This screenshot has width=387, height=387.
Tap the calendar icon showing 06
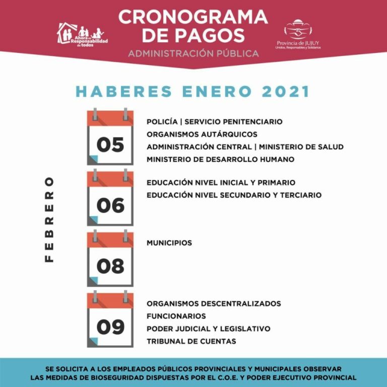pos(110,198)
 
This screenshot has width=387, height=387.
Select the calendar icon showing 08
pos(110,259)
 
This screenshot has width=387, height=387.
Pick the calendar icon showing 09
pos(110,320)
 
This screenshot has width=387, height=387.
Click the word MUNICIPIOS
pos(169,243)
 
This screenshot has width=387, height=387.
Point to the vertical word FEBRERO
pos(49,219)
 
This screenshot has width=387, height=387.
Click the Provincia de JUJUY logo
pos(298,35)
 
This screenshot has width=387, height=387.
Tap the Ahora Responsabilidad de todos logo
pos(82,35)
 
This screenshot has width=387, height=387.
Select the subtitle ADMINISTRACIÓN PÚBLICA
pos(193,53)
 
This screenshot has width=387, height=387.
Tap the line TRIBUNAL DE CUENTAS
pos(191,341)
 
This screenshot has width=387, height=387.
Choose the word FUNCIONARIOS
pos(176,316)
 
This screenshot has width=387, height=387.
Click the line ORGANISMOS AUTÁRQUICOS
pos(202,134)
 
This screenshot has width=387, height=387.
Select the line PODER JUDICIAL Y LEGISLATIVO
pos(209,329)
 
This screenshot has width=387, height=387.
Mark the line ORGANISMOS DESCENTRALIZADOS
pos(214,303)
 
